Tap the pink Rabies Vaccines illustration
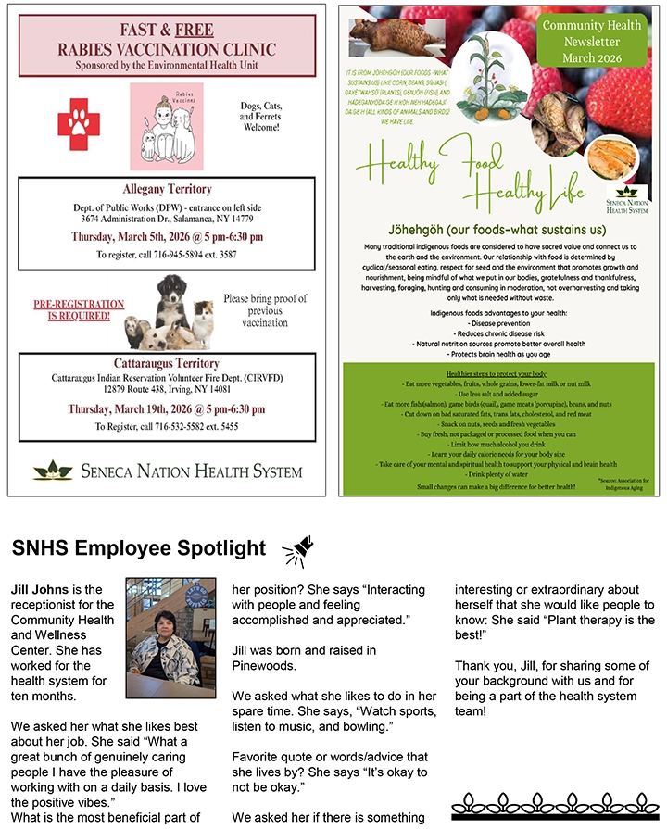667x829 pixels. click(x=166, y=126)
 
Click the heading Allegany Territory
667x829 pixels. click(x=168, y=190)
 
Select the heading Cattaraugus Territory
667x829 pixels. click(x=168, y=364)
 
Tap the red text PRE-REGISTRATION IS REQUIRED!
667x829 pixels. click(x=79, y=309)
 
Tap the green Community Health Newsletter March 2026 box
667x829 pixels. click(x=591, y=42)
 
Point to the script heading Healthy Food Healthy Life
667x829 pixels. click(x=472, y=177)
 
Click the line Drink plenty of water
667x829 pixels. click(x=489, y=474)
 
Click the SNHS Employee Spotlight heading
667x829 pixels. click(x=139, y=549)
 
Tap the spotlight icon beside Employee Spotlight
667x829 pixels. click(x=297, y=550)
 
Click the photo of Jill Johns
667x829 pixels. click(x=170, y=638)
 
